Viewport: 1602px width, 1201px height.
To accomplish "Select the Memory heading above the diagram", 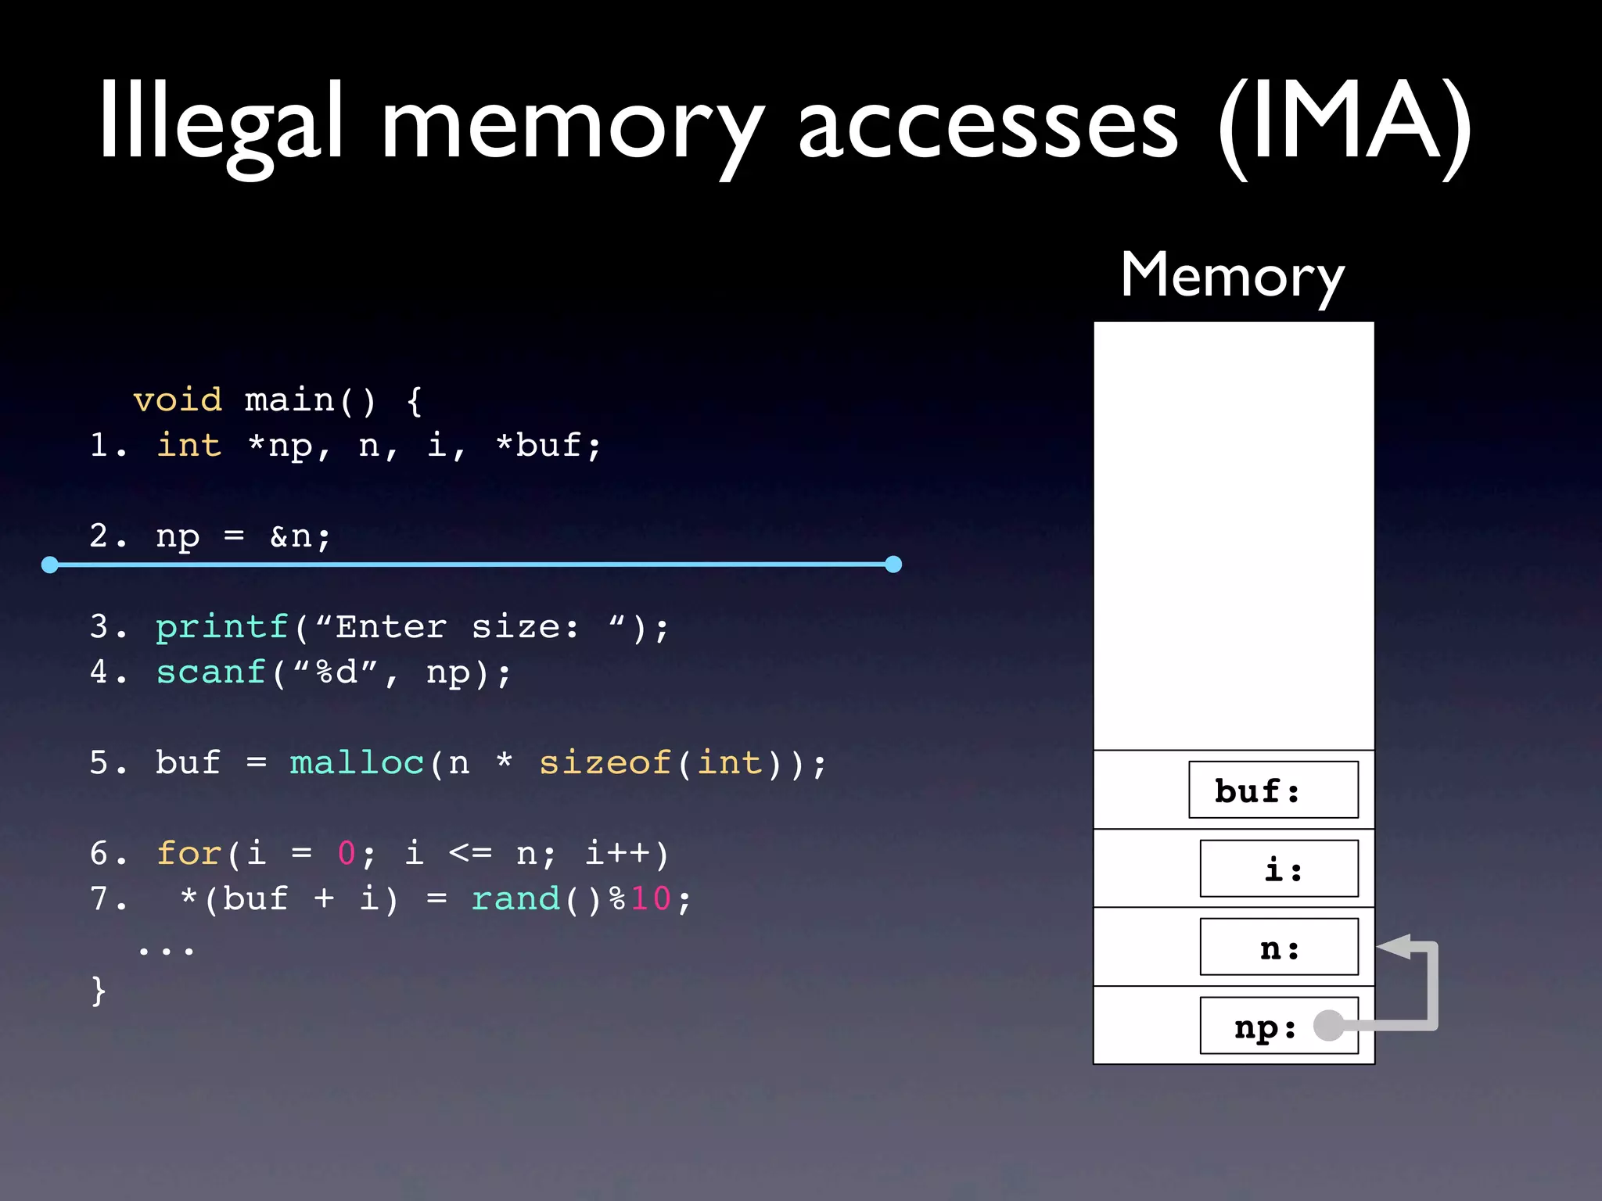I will [x=1232, y=275].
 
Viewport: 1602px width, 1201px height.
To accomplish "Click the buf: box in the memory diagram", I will [x=1273, y=790].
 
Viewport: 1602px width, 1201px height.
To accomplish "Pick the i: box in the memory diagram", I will [x=1279, y=869].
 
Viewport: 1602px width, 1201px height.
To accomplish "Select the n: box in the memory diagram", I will [x=1279, y=948].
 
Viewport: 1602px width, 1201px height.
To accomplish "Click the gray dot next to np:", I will [x=1329, y=1025].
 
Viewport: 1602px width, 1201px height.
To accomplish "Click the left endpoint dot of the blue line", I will [x=50, y=565].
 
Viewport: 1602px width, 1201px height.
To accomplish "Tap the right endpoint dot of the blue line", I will [x=893, y=565].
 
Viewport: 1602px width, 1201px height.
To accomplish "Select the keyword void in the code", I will [x=178, y=400].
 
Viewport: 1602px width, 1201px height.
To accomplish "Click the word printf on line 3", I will [x=222, y=627].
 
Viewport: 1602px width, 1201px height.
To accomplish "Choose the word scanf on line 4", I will [x=211, y=672].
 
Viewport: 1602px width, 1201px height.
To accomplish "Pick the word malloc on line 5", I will [x=357, y=763].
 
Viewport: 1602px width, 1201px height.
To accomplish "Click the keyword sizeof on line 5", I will [x=605, y=763].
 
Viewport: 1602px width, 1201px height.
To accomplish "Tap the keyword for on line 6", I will [x=189, y=853].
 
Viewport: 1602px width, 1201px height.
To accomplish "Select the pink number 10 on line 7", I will [x=651, y=899].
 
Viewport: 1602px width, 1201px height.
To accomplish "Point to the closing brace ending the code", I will [x=99, y=991].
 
